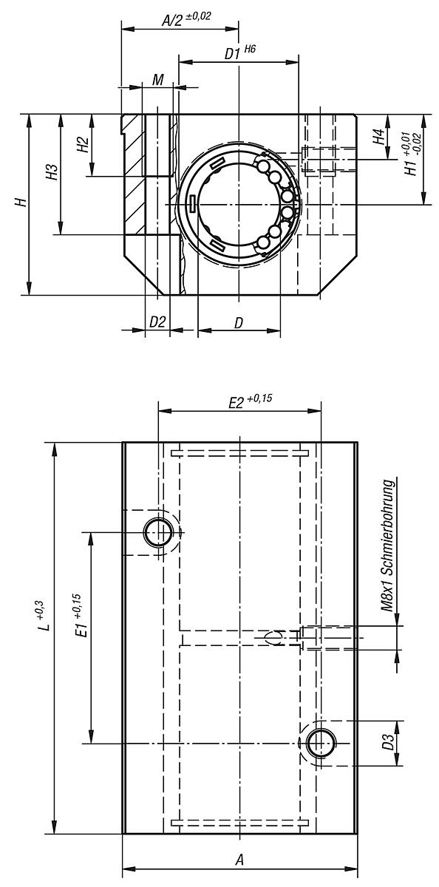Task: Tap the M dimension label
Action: pyautogui.click(x=157, y=80)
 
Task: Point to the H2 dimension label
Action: pyautogui.click(x=83, y=145)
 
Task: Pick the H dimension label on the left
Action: pyautogui.click(x=23, y=203)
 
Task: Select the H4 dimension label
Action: pyautogui.click(x=378, y=137)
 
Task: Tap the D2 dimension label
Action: pyautogui.click(x=157, y=322)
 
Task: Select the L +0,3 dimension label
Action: pyautogui.click(x=44, y=616)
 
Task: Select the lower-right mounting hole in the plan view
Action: pyautogui.click(x=320, y=742)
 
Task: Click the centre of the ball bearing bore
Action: pyautogui.click(x=239, y=204)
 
